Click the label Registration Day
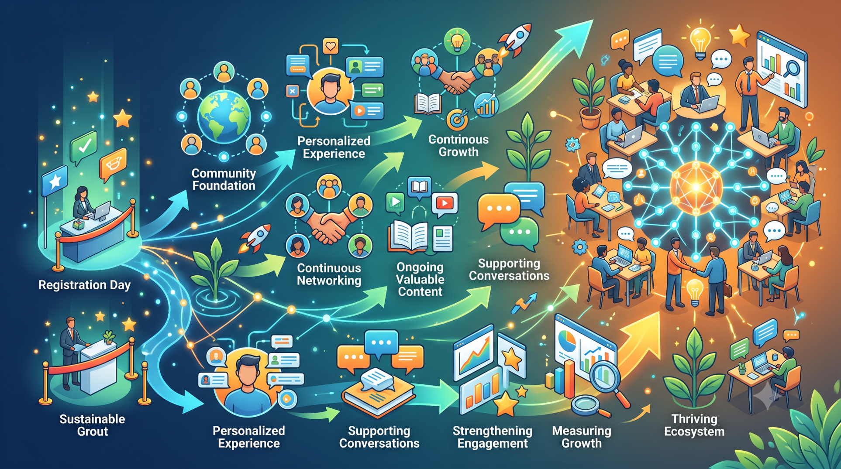pos(84,285)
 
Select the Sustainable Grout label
pos(92,425)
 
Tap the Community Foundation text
pos(224,179)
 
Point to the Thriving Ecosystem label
pos(694,425)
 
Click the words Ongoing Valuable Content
pos(420,279)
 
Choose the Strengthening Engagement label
pos(493,437)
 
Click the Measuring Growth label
pos(582,437)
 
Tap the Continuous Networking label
pos(329,274)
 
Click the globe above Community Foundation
pos(224,117)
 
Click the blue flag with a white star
pos(54,181)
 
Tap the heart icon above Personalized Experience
pos(331,46)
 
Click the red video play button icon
pos(445,203)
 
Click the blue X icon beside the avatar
pos(292,91)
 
